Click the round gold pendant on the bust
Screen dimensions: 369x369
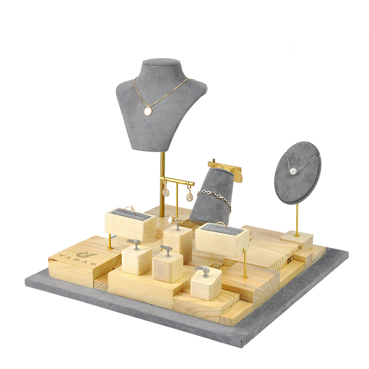pyautogui.click(x=148, y=111)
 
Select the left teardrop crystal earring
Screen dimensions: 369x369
pyautogui.click(x=165, y=191)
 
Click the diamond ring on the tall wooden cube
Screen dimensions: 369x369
pyautogui.click(x=174, y=220)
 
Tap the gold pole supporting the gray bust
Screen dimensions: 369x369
pyautogui.click(x=162, y=184)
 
